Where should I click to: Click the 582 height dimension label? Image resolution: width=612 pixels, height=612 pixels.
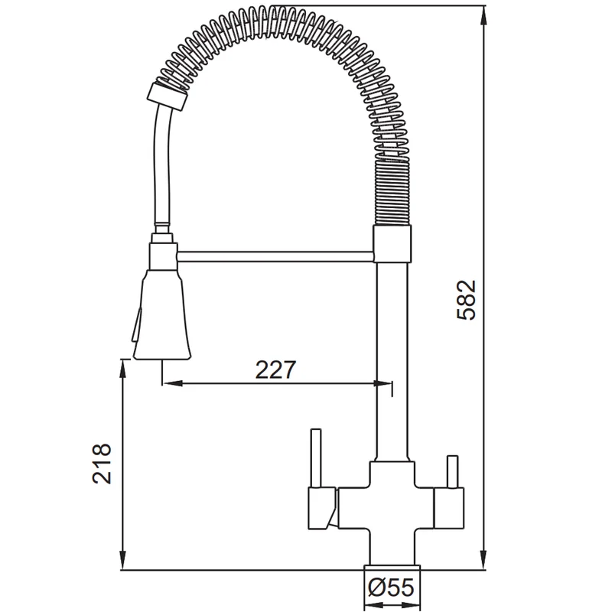(467, 300)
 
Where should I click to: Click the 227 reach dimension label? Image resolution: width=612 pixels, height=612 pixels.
(276, 369)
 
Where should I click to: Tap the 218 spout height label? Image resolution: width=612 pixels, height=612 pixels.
(102, 464)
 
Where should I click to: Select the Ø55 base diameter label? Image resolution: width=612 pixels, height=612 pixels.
(392, 587)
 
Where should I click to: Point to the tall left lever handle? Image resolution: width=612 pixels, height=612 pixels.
(316, 458)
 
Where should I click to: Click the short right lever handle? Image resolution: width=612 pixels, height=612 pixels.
(452, 471)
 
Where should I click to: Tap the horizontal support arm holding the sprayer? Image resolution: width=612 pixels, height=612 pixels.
(275, 256)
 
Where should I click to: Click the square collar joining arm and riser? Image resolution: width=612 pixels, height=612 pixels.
(392, 243)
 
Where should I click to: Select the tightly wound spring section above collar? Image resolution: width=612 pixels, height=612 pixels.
(392, 193)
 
